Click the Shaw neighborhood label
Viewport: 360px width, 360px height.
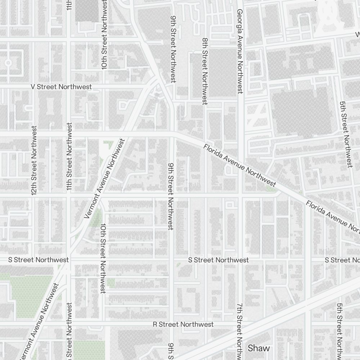pyautogui.click(x=258, y=348)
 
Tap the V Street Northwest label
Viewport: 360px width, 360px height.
pyautogui.click(x=61, y=87)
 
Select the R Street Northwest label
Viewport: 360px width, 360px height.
pyautogui.click(x=183, y=324)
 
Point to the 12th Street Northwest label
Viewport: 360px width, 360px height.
pyautogui.click(x=34, y=161)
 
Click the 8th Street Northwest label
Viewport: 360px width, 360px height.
pyautogui.click(x=205, y=71)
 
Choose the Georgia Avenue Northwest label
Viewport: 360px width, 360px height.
pyautogui.click(x=239, y=51)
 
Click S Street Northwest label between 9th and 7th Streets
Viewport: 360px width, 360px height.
pyautogui.click(x=219, y=260)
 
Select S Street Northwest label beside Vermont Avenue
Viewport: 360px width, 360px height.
pyautogui.click(x=39, y=260)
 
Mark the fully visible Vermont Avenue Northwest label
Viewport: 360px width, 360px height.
pyautogui.click(x=104, y=179)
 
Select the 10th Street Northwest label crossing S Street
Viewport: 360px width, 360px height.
pyautogui.click(x=103, y=258)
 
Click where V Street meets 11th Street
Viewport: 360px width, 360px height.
pyautogui.click(x=68, y=87)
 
